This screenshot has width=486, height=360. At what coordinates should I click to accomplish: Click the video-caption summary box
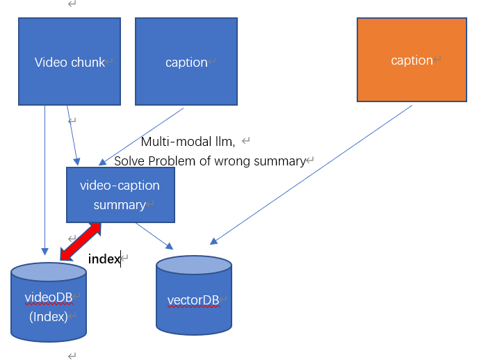point(120,195)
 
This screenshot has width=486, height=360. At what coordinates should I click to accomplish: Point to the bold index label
point(104,259)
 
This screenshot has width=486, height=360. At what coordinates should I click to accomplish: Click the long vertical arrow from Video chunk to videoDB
point(44,181)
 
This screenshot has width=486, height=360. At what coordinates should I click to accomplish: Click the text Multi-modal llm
point(187,142)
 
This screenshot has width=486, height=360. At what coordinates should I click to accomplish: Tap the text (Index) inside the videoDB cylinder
point(48,316)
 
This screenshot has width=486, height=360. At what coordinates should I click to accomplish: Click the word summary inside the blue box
point(119,205)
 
